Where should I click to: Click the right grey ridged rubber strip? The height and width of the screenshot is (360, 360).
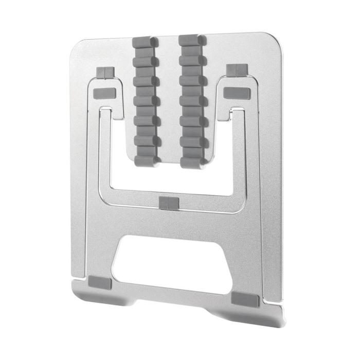(193, 100)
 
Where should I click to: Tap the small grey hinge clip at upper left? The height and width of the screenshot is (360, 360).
(105, 72)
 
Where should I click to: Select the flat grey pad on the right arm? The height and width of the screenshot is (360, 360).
(236, 92)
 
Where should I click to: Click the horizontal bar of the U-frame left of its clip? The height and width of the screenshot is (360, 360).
(134, 197)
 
